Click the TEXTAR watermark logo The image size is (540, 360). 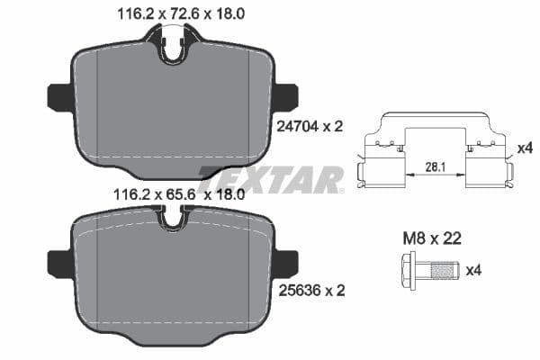pos(270,179)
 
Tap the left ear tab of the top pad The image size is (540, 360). pos(58,94)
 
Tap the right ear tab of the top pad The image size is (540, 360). pos(286,94)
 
